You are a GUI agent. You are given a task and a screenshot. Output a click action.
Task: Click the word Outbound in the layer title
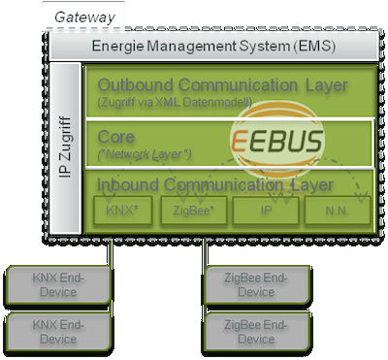(134, 85)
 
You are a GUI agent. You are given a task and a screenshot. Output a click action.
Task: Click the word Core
(116, 136)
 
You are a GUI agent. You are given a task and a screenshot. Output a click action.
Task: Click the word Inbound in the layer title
(128, 185)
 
